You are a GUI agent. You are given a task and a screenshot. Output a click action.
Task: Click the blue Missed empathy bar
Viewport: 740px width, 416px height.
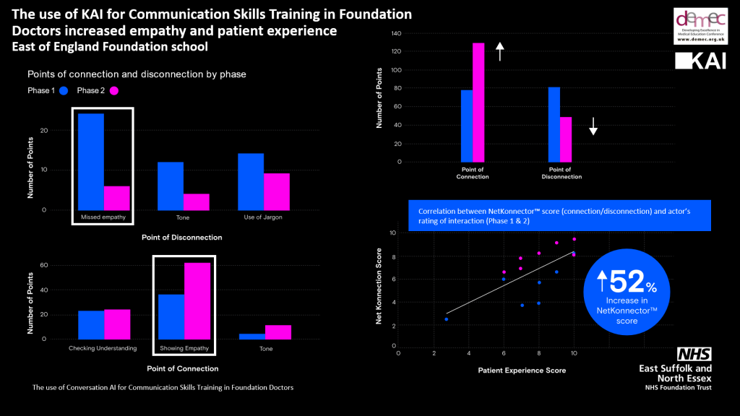pos(90,162)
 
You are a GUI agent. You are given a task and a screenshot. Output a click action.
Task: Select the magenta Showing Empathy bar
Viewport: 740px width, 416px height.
pos(197,300)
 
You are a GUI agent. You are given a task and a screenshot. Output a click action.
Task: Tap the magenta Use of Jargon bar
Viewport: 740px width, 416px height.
pos(276,191)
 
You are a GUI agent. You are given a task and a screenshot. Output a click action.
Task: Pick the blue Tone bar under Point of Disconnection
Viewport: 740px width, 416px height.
pos(170,186)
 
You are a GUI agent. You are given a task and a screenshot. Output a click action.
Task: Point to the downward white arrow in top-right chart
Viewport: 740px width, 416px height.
pos(593,127)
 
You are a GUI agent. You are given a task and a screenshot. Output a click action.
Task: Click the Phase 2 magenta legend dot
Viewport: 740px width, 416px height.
pos(113,90)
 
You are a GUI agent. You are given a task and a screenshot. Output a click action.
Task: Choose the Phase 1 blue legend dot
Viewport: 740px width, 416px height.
pos(64,90)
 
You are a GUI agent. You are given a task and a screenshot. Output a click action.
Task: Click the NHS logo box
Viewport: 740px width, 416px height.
pos(694,354)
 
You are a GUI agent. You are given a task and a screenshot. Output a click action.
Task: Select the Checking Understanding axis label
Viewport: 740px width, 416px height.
pos(103,348)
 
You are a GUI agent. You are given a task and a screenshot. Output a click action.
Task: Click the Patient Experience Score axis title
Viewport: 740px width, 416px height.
pos(522,370)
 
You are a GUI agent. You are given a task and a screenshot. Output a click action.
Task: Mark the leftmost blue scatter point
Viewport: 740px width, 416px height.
pos(447,319)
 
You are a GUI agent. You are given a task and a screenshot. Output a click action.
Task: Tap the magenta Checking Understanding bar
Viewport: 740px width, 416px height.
pos(117,324)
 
